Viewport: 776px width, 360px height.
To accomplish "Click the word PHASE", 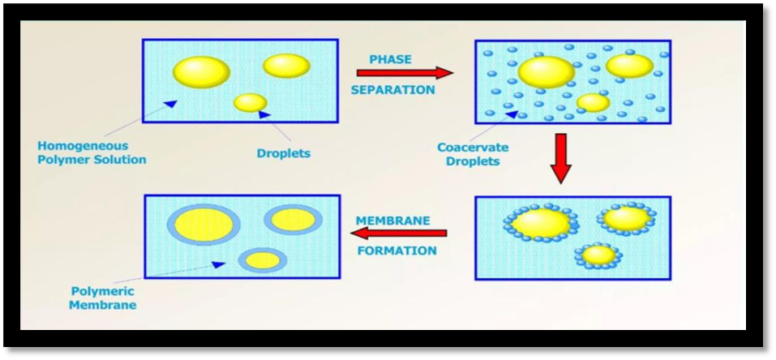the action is [x=391, y=59].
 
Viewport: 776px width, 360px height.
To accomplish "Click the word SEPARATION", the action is [x=393, y=90].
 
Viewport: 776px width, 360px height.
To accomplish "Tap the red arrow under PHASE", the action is [x=405, y=73].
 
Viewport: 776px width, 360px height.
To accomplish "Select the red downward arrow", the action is [x=561, y=158].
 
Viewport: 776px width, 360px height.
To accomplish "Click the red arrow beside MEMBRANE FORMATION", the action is [x=398, y=233].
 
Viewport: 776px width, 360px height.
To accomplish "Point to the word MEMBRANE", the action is [x=393, y=220].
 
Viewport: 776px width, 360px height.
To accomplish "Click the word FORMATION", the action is [x=397, y=251].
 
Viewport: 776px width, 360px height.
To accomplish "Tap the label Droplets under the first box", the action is [x=284, y=153].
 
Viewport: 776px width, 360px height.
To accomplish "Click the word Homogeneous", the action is [x=83, y=147].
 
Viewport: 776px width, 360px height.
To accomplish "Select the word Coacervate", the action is [x=473, y=148].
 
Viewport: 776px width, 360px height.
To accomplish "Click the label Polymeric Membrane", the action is [x=102, y=298].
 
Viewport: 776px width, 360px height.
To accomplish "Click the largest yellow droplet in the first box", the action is [x=201, y=72].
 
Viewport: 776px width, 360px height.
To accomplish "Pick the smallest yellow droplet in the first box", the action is [x=251, y=102].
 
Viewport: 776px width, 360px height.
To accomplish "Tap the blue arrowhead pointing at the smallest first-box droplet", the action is [x=265, y=114].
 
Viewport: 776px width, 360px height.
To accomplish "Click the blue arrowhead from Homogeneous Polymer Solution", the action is [x=170, y=103].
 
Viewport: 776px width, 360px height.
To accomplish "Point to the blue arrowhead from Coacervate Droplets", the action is [x=512, y=114].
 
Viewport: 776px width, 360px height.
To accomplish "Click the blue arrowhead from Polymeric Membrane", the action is [x=218, y=264].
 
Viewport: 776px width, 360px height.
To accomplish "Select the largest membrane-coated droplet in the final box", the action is [x=204, y=224].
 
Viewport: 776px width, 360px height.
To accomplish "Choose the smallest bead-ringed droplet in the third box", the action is [x=598, y=255].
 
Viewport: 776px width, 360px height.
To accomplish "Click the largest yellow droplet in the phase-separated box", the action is [x=546, y=72].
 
